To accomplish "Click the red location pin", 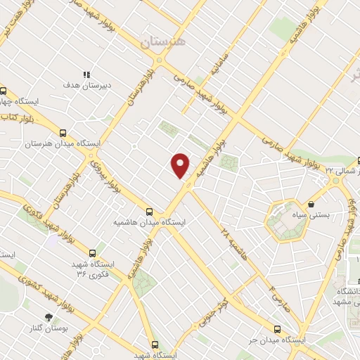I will [181, 165].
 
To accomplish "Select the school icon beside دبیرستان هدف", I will [87, 74].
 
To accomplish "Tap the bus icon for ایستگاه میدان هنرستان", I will [63, 131].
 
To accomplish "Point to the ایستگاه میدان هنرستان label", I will [63, 143].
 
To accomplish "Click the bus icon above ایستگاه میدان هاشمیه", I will [148, 211].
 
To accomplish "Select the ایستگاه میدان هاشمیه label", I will [148, 222].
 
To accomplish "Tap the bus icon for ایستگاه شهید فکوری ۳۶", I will [92, 252].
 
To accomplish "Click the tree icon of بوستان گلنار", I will [49, 317].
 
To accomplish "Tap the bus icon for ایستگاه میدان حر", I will [276, 328].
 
